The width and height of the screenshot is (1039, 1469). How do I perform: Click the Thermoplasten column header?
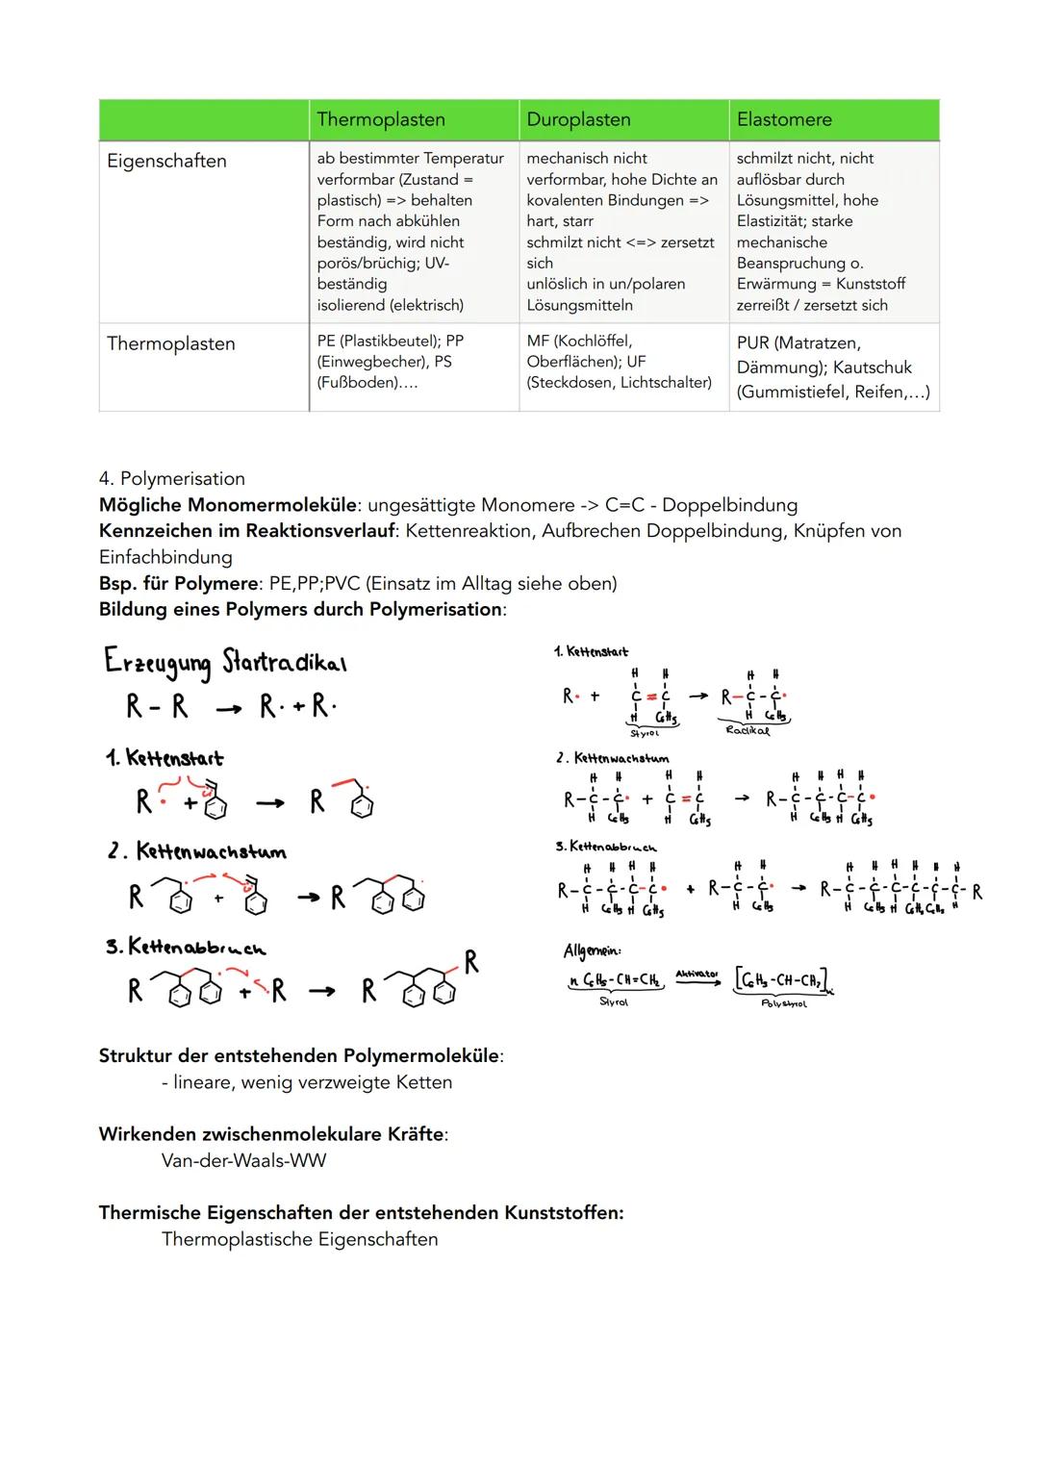tap(381, 119)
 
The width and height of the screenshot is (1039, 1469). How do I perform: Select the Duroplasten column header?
tap(578, 119)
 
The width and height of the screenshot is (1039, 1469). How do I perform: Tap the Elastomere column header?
tap(784, 119)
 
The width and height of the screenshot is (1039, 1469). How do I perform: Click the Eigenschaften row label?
tap(166, 161)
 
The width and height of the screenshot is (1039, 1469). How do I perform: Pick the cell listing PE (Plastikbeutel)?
tap(390, 362)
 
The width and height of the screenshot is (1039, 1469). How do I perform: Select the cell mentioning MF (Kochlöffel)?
tap(619, 362)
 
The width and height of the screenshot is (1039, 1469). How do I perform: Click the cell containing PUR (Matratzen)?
tap(832, 367)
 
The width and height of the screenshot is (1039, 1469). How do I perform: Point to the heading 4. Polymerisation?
tap(172, 478)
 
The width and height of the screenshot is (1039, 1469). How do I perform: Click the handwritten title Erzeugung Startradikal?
tap(225, 662)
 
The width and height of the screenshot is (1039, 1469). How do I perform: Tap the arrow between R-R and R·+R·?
tap(228, 709)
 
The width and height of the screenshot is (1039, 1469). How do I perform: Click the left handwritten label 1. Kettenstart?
tap(165, 758)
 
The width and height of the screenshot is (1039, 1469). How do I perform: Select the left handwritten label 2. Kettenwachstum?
tap(196, 851)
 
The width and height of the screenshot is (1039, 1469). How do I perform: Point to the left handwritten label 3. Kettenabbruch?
tap(186, 947)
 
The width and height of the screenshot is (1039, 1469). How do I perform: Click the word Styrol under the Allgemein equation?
tap(613, 1001)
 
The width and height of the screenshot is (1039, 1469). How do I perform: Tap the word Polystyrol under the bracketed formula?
tap(783, 1003)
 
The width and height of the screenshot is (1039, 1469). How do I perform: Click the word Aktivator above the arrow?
tap(697, 975)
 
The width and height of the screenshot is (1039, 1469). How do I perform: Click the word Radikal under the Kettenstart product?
tap(748, 730)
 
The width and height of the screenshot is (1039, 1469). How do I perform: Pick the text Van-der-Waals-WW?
tap(243, 1160)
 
